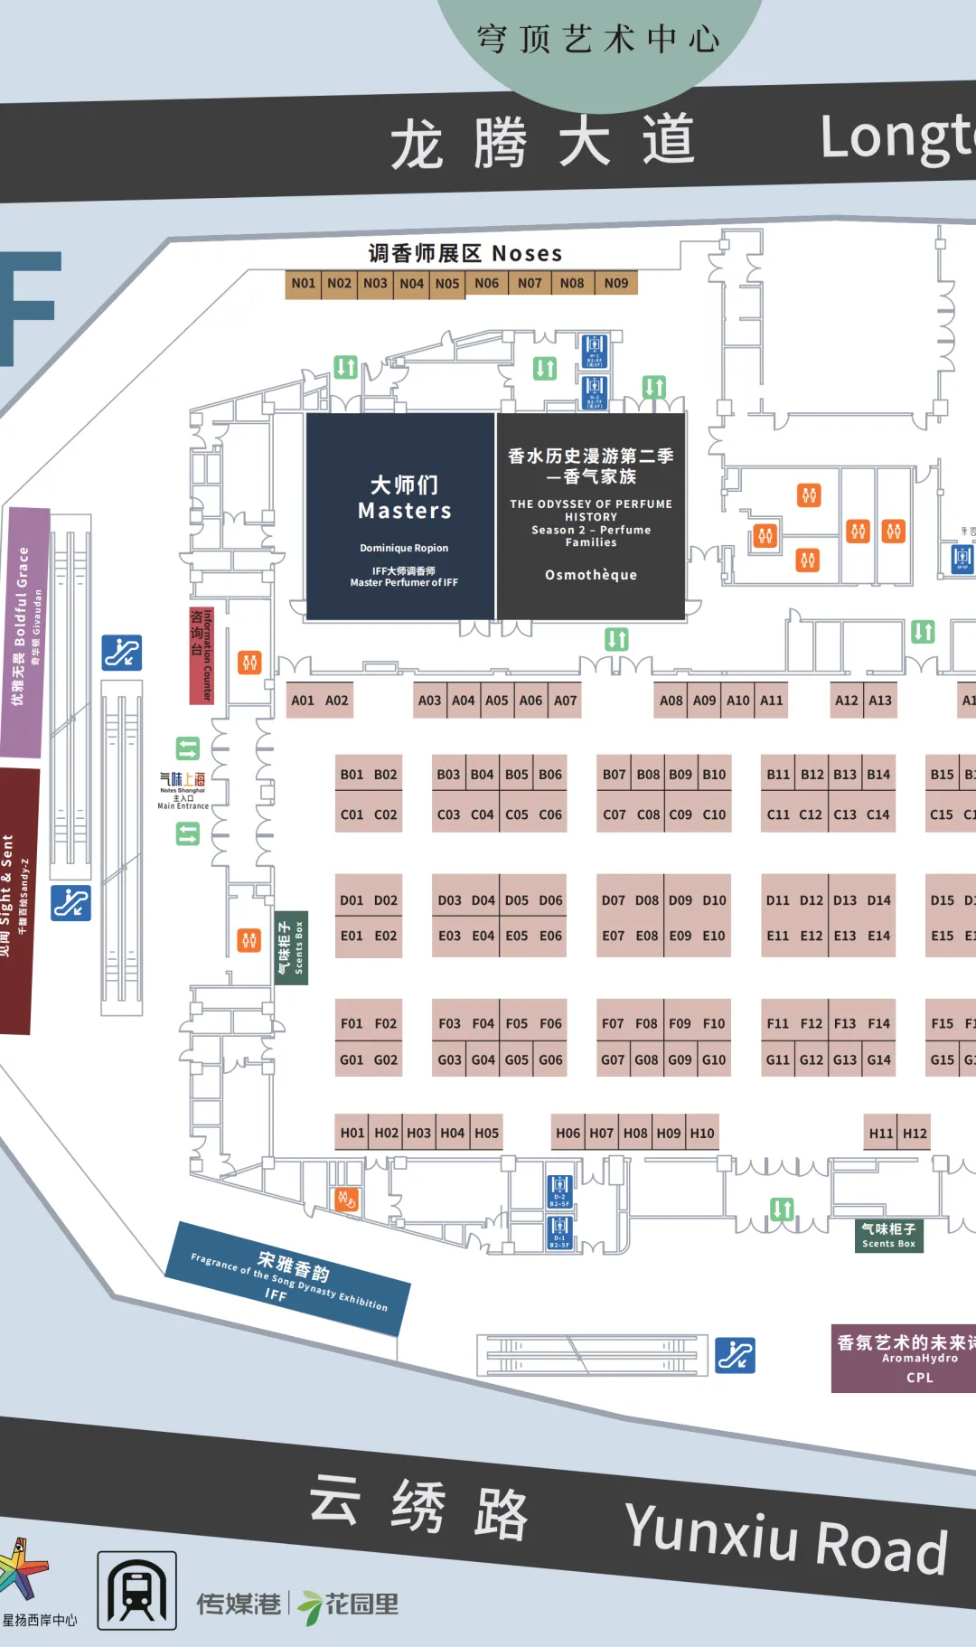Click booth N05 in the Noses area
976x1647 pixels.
(x=447, y=284)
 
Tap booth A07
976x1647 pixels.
(x=565, y=701)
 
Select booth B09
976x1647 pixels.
(x=680, y=775)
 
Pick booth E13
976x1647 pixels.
(x=845, y=936)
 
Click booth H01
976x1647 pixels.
(x=352, y=1134)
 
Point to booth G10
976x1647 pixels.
(x=714, y=1060)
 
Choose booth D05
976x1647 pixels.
(x=517, y=900)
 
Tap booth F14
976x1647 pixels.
(x=878, y=1024)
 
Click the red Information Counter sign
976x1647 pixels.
(x=202, y=655)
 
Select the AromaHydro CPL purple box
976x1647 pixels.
(x=904, y=1359)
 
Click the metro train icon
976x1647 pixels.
(x=136, y=1591)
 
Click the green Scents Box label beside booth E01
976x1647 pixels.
(x=292, y=947)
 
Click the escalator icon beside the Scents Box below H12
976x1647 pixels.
(x=735, y=1355)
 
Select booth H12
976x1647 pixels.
(x=915, y=1134)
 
